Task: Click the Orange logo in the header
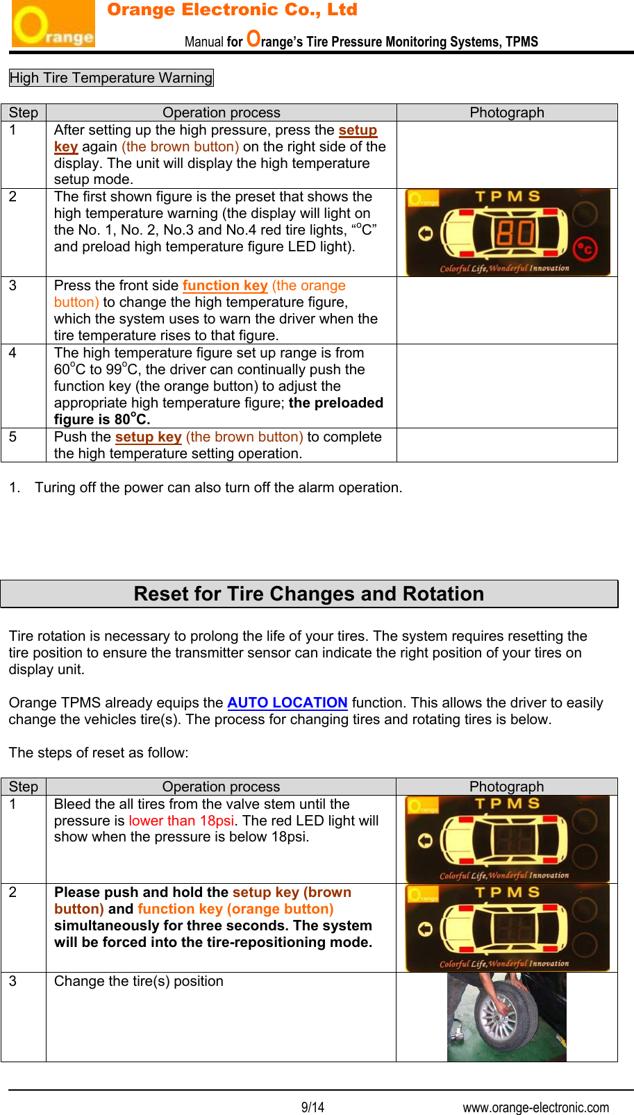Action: (x=53, y=24)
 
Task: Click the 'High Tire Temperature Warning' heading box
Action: (x=111, y=78)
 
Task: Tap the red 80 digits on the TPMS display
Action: (x=515, y=233)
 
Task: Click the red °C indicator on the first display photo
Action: (x=585, y=249)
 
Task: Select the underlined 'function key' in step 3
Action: (x=225, y=285)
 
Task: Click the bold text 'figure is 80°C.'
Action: (x=102, y=419)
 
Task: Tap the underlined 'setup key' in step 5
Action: (x=148, y=437)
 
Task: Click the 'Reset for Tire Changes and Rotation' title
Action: (x=309, y=594)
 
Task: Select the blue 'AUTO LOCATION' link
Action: (x=287, y=703)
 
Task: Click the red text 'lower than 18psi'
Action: (x=181, y=821)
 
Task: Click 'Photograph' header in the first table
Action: (x=507, y=112)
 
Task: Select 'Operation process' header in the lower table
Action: (x=221, y=787)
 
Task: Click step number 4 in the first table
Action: (x=12, y=353)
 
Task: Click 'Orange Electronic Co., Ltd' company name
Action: (x=232, y=10)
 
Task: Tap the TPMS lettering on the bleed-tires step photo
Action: (x=507, y=804)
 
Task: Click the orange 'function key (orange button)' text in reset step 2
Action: (x=235, y=909)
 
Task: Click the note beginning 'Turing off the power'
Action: (x=218, y=487)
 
